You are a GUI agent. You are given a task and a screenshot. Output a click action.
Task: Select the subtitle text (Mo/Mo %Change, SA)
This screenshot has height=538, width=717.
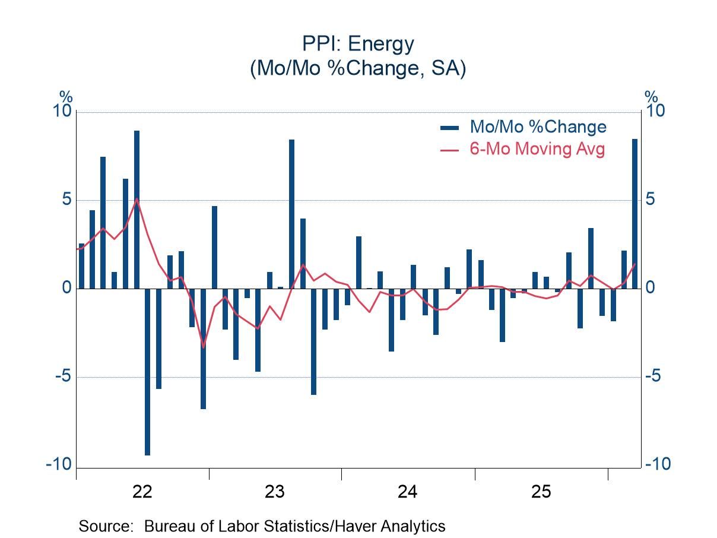click(358, 68)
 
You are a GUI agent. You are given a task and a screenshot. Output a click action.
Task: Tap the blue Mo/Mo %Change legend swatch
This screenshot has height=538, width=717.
click(449, 127)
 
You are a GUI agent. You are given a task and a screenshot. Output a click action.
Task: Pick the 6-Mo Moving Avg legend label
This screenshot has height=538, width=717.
click(537, 148)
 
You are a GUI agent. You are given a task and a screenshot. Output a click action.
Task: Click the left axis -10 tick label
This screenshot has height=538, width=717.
click(59, 464)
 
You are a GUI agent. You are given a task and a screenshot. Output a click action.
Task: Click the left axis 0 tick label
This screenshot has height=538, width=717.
click(66, 288)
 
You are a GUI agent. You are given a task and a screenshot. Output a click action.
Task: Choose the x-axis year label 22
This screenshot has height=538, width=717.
click(142, 492)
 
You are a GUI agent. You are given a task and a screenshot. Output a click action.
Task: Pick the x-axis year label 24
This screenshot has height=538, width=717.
click(408, 492)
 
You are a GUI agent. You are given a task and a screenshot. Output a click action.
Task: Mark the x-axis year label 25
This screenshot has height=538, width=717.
click(541, 492)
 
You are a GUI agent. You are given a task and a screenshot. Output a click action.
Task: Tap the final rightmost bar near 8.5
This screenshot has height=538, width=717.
click(634, 214)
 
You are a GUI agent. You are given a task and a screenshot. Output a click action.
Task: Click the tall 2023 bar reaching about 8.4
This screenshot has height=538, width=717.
click(291, 214)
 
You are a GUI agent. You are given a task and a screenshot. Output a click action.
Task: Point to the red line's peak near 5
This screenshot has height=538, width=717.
click(137, 199)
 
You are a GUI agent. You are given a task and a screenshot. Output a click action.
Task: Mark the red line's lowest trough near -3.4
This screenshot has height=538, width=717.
click(203, 347)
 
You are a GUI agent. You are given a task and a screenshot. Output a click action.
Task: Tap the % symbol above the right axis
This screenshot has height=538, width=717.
click(651, 97)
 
